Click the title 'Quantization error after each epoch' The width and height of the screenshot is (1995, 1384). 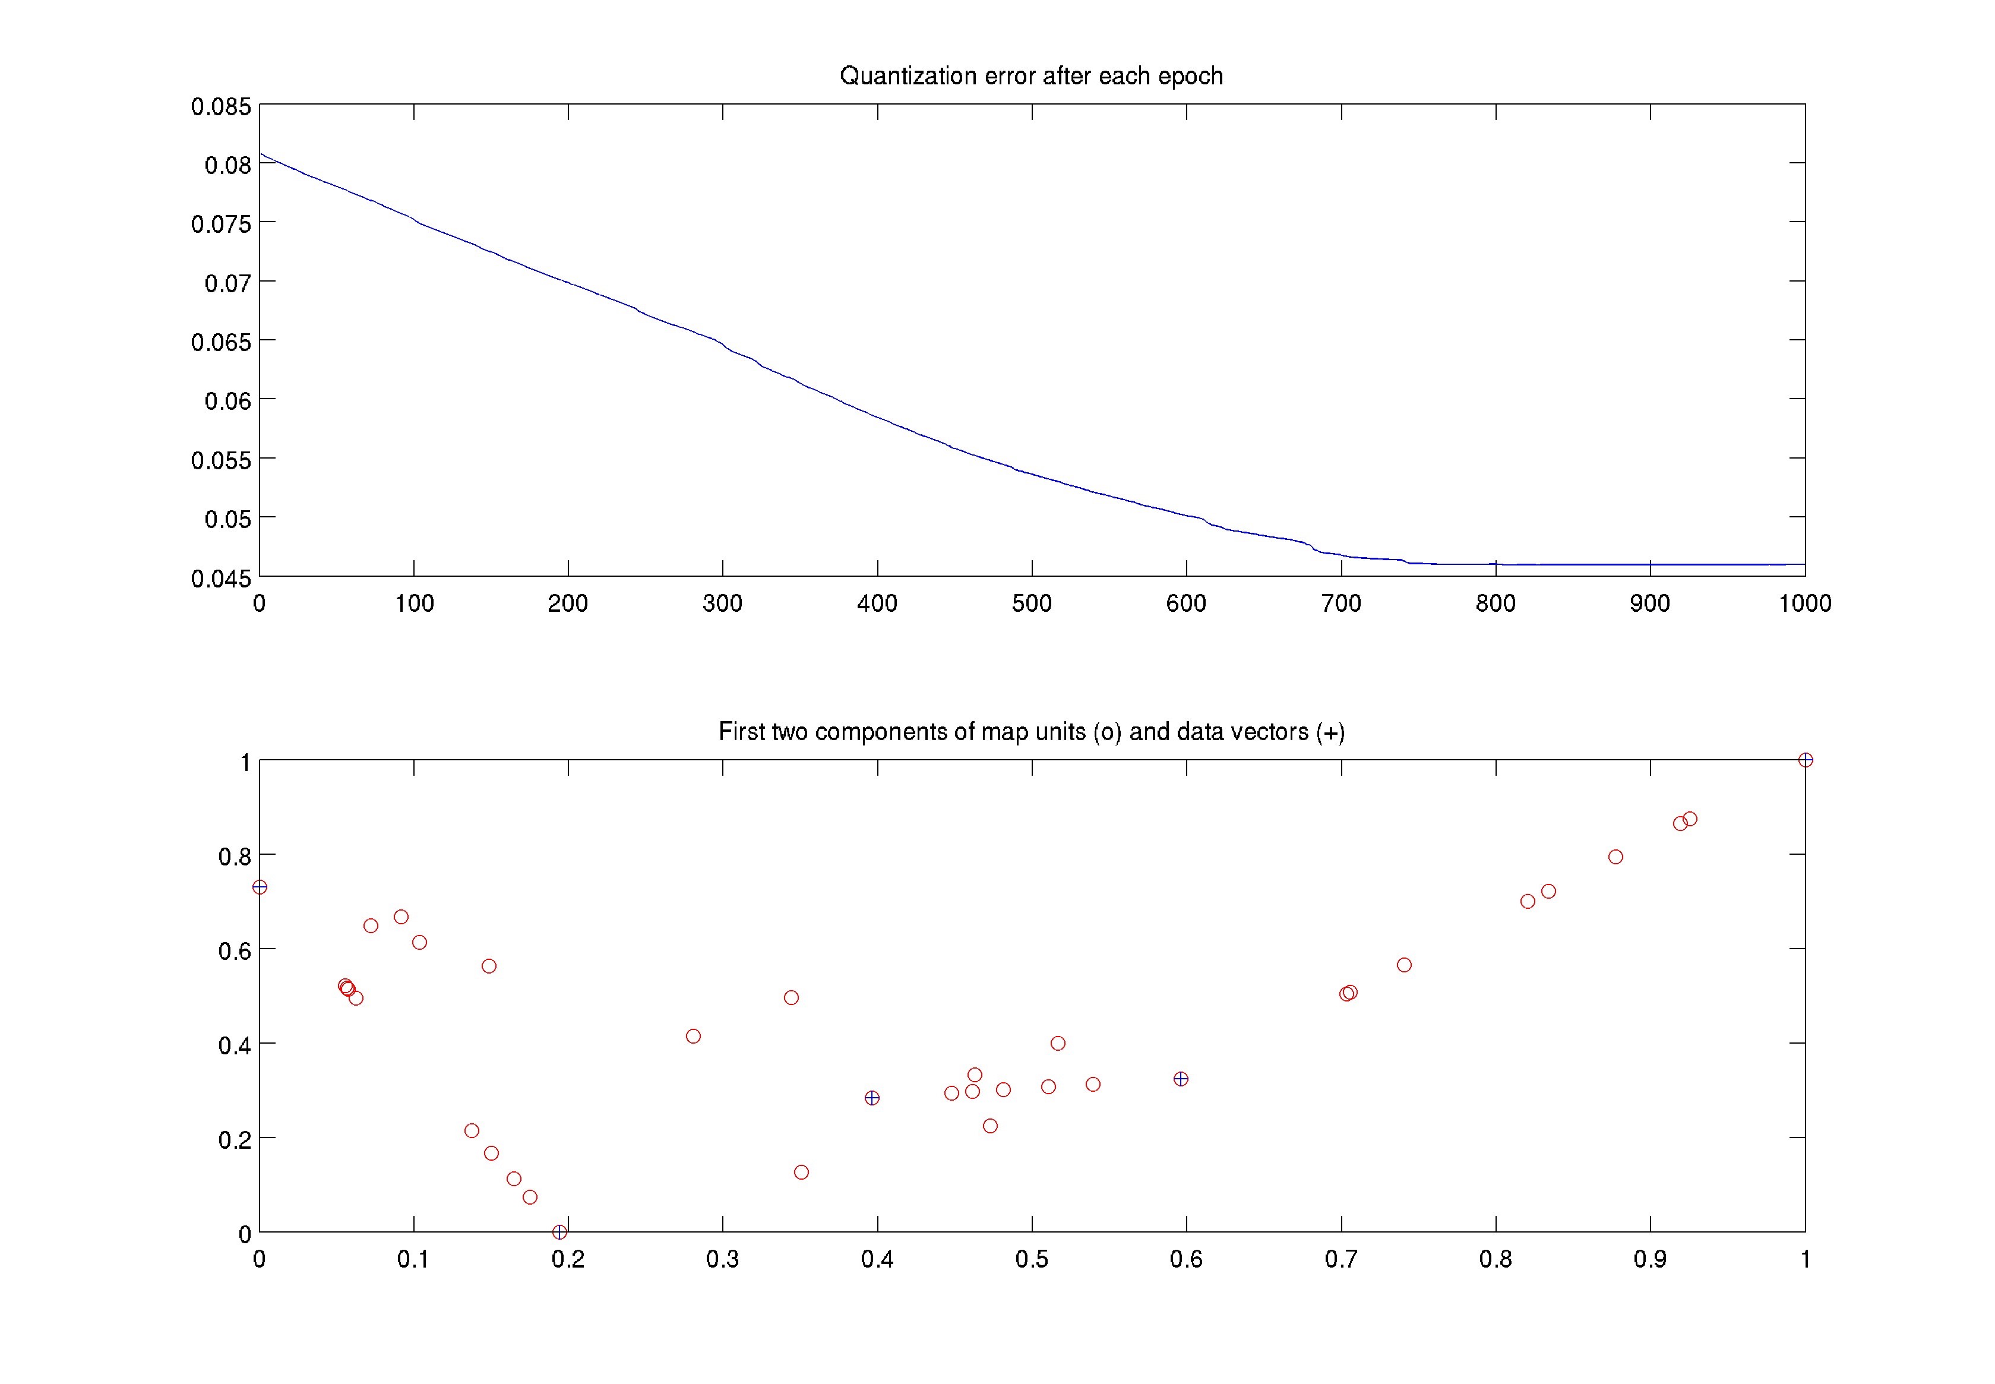(x=1031, y=76)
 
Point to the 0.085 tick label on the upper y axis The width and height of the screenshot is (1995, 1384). (x=221, y=107)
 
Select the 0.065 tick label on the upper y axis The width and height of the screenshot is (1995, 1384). (x=221, y=342)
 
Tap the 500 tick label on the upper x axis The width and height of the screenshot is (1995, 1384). (x=1031, y=603)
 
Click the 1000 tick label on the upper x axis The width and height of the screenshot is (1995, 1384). (x=1804, y=603)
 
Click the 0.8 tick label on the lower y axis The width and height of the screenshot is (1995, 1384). (x=234, y=857)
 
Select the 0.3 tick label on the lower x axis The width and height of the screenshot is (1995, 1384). (x=722, y=1259)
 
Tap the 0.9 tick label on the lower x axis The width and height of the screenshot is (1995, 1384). (x=1649, y=1259)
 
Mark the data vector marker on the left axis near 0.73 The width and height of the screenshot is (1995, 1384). (x=259, y=887)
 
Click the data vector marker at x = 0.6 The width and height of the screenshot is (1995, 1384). (x=1180, y=1079)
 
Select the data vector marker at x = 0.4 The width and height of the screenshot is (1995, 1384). (x=872, y=1098)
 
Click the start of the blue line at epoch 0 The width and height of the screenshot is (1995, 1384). (x=261, y=154)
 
